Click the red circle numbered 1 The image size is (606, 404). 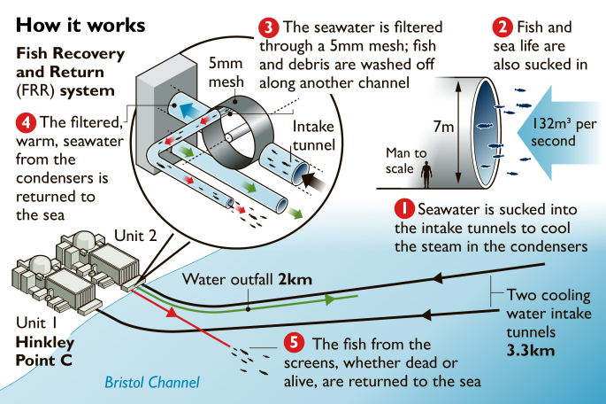pyautogui.click(x=403, y=210)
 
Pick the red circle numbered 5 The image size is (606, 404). pyautogui.click(x=294, y=343)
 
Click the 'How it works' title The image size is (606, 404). pyautogui.click(x=81, y=23)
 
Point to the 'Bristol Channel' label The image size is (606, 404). pyautogui.click(x=152, y=383)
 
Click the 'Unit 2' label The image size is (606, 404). pyautogui.click(x=134, y=235)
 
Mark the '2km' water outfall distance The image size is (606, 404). pyautogui.click(x=295, y=279)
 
